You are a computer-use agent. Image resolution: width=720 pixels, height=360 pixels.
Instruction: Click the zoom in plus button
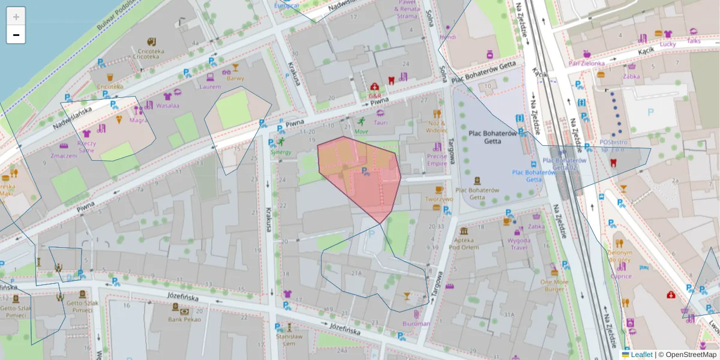coord(16,17)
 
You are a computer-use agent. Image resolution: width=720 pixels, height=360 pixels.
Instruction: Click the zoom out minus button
coord(16,35)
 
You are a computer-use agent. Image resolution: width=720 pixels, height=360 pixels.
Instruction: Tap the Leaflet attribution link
coord(641,355)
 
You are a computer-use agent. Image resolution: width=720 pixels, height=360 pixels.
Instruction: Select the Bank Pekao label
coord(184,319)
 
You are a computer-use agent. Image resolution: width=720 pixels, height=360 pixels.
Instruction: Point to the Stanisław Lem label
coord(289,340)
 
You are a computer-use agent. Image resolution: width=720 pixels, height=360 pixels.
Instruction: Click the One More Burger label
coord(554,285)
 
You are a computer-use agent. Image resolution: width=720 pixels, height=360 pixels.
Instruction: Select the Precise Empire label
coord(437,159)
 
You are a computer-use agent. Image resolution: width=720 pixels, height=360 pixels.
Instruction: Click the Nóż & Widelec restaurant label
coord(437,126)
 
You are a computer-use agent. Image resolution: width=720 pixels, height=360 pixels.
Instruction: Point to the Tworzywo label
coord(439,199)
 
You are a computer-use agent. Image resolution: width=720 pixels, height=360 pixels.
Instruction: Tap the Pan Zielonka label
coord(587,62)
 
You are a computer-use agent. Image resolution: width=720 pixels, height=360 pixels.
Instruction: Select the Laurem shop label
coord(210,86)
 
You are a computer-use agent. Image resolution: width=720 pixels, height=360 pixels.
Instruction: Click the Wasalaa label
coord(167,105)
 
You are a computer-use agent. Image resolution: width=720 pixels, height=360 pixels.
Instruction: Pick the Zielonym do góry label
coord(619,256)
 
